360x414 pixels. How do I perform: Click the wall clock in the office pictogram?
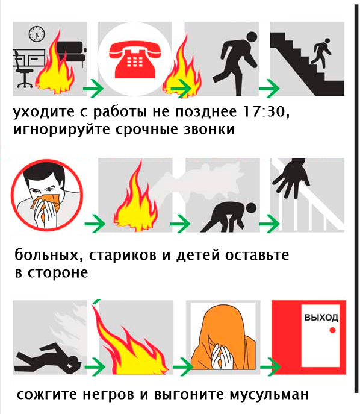click(37, 33)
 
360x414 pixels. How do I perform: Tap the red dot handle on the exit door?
click(331, 331)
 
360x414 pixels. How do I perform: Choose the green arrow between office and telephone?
click(92, 89)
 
